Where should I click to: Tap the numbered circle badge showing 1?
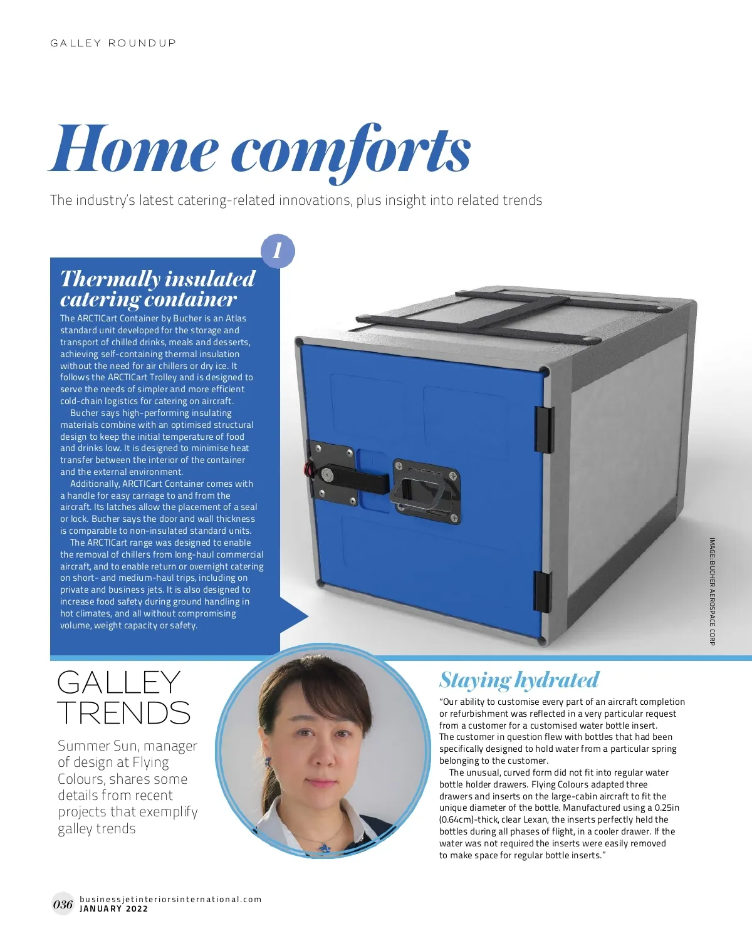[x=277, y=251]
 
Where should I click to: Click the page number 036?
[x=63, y=904]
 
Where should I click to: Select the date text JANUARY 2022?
[x=113, y=909]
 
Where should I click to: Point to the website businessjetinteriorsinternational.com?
[x=170, y=899]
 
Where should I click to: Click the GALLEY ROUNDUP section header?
[x=113, y=43]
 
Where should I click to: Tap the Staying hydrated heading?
[x=519, y=680]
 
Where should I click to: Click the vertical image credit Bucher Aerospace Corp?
[x=712, y=591]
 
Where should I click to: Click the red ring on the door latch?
[x=308, y=469]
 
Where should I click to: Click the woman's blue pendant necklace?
[x=324, y=847]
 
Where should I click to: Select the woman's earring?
[x=268, y=762]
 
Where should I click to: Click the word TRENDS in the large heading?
[x=123, y=714]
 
